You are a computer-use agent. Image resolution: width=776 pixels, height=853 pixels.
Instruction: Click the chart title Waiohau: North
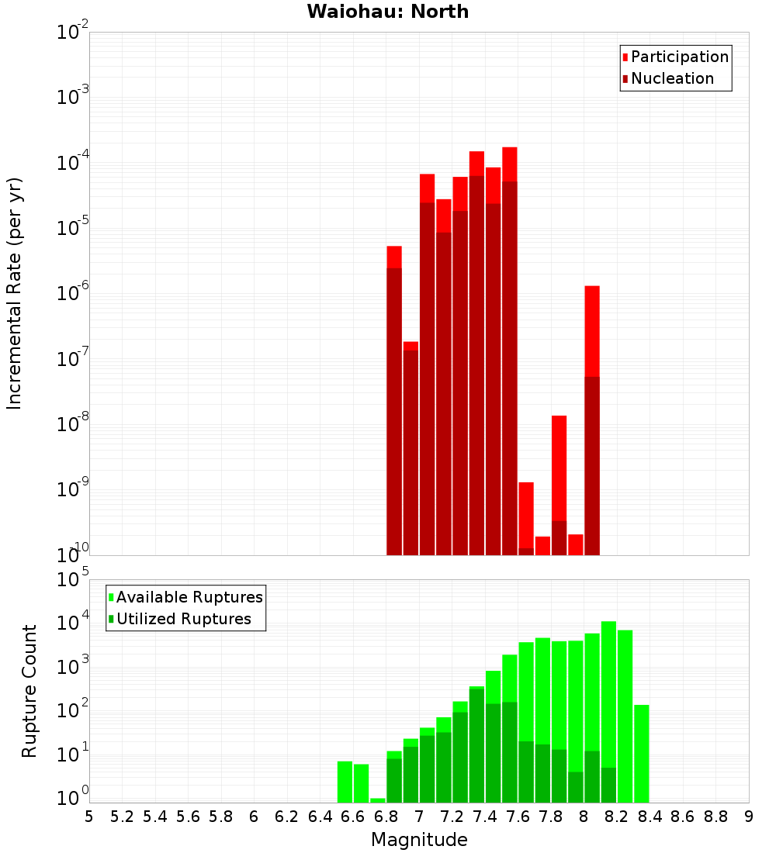point(387,12)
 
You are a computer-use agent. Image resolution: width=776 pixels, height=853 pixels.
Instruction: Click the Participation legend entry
point(679,57)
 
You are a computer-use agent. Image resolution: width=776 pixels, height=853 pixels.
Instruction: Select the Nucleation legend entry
point(671,78)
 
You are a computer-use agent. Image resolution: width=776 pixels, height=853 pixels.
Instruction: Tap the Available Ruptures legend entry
point(189,597)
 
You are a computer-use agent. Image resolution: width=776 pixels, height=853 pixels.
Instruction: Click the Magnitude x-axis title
point(419,840)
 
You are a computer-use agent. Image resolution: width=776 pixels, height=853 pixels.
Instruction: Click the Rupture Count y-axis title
point(29,691)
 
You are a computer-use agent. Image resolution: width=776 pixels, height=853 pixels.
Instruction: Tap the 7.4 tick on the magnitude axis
point(485,817)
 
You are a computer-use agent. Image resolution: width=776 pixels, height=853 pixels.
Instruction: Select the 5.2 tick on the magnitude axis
point(123,817)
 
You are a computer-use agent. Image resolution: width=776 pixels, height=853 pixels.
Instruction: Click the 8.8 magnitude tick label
point(715,817)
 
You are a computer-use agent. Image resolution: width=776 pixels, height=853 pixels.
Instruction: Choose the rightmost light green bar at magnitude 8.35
point(641,752)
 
